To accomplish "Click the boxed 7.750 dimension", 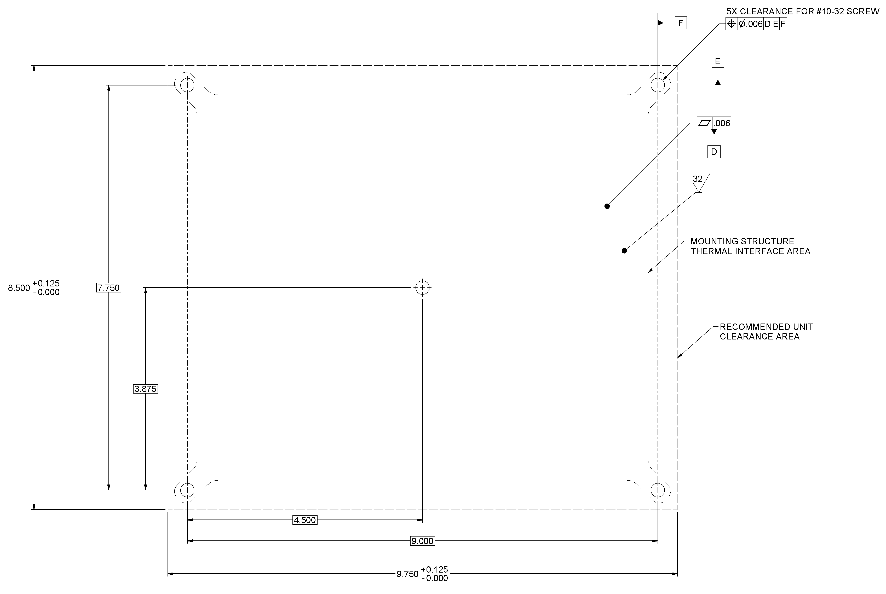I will (109, 288).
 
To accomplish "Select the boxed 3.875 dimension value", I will (146, 389).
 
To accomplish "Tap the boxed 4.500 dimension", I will (305, 520).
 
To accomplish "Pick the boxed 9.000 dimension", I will (422, 541).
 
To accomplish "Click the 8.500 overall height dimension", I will (19, 288).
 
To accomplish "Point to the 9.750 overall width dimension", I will (407, 574).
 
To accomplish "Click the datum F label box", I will (681, 24).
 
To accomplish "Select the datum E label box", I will (717, 61).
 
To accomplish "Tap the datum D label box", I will (714, 152).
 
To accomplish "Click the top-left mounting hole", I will (187, 85).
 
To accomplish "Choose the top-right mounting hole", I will (658, 85).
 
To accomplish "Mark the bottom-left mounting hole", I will (187, 490).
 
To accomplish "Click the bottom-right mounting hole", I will (658, 490).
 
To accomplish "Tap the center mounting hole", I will (423, 287).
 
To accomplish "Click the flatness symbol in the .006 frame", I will (705, 123).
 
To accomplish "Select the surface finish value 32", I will (697, 179).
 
